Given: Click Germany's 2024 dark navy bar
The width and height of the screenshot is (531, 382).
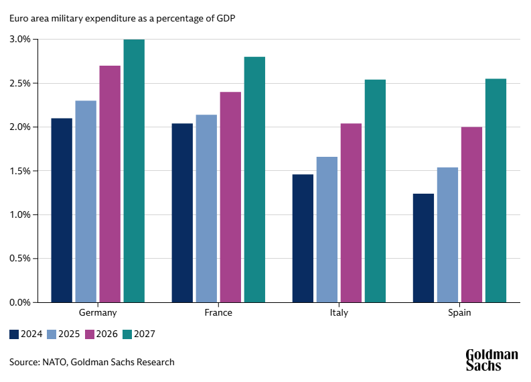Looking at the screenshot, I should [62, 210].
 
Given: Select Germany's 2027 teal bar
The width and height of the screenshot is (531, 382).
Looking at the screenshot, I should [134, 171].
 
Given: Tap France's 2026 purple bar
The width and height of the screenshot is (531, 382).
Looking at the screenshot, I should [230, 197].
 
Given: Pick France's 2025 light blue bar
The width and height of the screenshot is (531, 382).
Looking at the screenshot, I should [206, 208].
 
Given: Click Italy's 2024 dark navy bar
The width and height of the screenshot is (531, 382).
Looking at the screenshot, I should [303, 238].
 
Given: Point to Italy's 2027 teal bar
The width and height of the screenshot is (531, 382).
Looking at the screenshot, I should [375, 191].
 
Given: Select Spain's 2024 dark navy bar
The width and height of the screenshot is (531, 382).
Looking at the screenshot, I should [423, 248].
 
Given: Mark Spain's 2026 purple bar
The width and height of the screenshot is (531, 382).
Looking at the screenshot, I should [471, 214].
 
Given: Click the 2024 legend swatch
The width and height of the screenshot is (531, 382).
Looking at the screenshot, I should [14, 334].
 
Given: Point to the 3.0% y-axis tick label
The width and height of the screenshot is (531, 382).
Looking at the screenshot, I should [21, 40].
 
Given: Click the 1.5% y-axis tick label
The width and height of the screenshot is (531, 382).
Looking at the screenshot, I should [21, 171].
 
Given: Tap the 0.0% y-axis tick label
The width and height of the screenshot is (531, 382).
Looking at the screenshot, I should [21, 302].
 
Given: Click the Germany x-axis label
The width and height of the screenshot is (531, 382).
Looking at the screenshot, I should [98, 313].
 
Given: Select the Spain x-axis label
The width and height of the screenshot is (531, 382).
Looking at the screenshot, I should [459, 313].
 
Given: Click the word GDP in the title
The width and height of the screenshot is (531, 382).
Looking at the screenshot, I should [225, 17].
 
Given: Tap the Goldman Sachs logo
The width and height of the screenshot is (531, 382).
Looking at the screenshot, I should [491, 360].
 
